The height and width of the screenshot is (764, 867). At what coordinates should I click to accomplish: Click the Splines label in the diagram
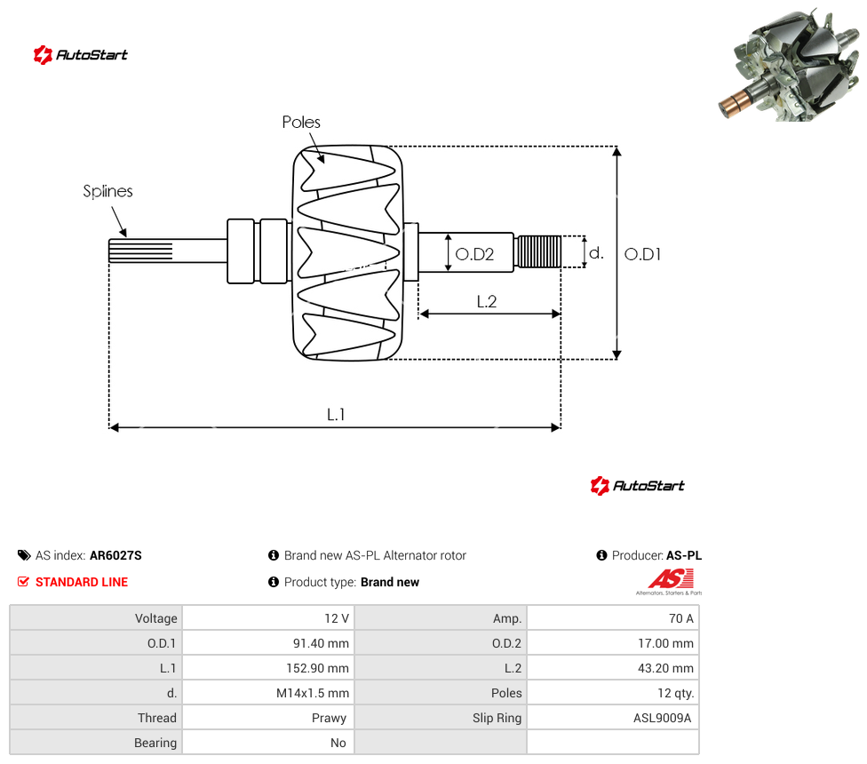(107, 191)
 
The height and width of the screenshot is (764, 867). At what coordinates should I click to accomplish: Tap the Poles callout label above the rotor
(301, 123)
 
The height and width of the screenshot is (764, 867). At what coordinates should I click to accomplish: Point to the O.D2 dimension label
(474, 254)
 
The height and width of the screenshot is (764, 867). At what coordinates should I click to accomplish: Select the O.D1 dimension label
(642, 254)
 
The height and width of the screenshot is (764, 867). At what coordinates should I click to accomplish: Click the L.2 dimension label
(487, 301)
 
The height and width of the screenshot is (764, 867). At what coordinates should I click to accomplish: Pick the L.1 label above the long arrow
(336, 414)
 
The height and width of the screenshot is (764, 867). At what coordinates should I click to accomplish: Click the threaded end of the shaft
(537, 251)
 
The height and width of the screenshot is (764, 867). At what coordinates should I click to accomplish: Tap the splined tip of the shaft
(140, 251)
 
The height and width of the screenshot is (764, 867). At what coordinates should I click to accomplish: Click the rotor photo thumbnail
(791, 64)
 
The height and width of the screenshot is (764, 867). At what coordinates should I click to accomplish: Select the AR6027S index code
(115, 555)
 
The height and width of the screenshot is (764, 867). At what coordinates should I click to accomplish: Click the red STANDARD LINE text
(82, 582)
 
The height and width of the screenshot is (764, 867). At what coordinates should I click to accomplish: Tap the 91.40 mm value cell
(269, 643)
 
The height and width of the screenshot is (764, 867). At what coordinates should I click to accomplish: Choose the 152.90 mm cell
(269, 668)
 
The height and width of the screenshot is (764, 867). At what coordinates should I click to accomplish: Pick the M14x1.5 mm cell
(269, 693)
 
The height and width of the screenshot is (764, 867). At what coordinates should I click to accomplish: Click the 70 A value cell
(613, 618)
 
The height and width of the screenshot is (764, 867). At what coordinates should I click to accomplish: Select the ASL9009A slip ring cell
(613, 718)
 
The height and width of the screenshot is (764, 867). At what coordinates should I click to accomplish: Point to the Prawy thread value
(329, 718)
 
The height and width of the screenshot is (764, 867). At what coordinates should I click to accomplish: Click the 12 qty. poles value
(676, 693)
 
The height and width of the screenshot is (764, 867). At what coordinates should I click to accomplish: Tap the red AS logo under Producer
(671, 579)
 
